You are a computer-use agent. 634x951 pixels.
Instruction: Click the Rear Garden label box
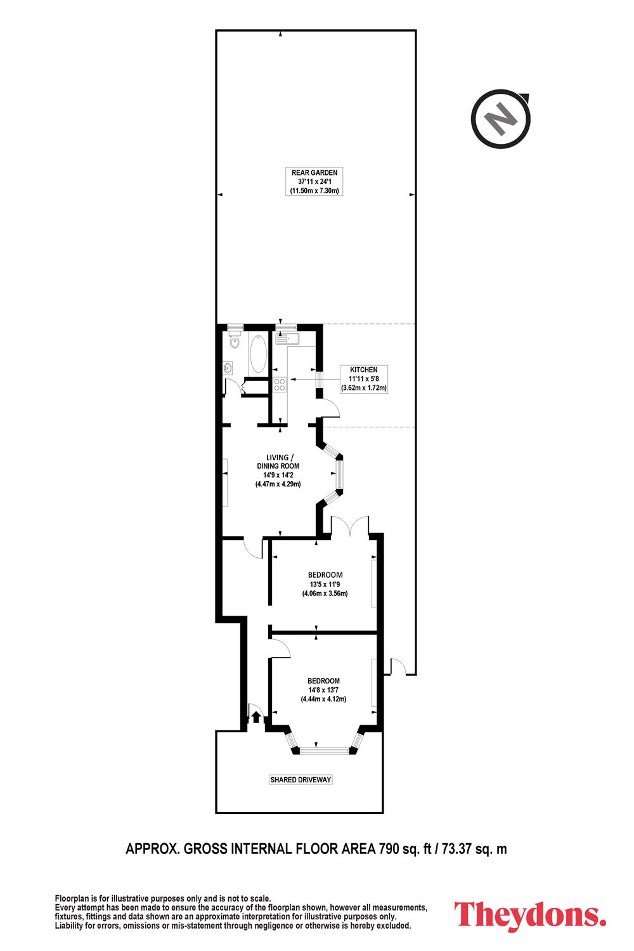pos(314,181)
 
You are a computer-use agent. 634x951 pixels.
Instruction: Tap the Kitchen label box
pos(363,378)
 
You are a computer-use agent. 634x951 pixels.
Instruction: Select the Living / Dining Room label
pos(278,470)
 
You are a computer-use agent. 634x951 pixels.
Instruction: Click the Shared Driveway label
pos(301,779)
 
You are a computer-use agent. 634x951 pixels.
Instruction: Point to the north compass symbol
pos(501,119)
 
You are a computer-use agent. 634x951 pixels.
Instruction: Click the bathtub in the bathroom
pos(258,354)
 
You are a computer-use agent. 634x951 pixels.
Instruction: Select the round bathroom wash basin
pos(228,368)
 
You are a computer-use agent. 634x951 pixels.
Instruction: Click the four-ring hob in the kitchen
pos(280,385)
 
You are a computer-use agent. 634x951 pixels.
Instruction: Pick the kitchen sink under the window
pos(287,339)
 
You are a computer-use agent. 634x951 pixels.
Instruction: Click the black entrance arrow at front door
pos(256,717)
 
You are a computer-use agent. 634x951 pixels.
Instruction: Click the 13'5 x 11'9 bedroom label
pos(325,584)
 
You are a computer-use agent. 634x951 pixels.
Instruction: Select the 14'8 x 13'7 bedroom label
pos(323,690)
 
